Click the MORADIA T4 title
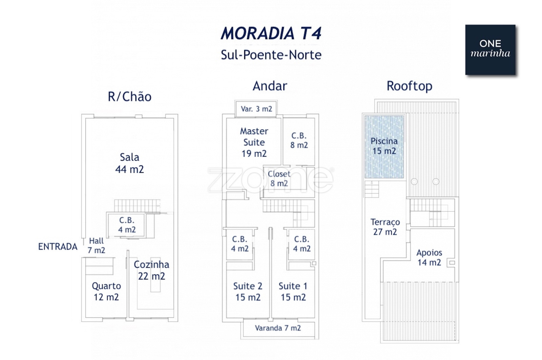(271, 33)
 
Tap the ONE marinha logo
(490, 49)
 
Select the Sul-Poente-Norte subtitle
(271, 55)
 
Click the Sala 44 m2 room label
(129, 163)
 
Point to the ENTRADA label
(58, 247)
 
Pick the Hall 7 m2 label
(96, 245)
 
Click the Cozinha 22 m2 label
(151, 270)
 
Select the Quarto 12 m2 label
(106, 292)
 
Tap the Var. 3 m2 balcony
(256, 109)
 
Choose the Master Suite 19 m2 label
(254, 142)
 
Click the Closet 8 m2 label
(279, 179)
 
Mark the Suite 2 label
(248, 292)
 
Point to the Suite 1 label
(293, 292)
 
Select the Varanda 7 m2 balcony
(278, 328)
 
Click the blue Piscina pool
(384, 146)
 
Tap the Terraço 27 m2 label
(385, 227)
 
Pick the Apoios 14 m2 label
(429, 257)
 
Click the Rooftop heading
(409, 86)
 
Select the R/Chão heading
(129, 97)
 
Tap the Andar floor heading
(270, 86)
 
